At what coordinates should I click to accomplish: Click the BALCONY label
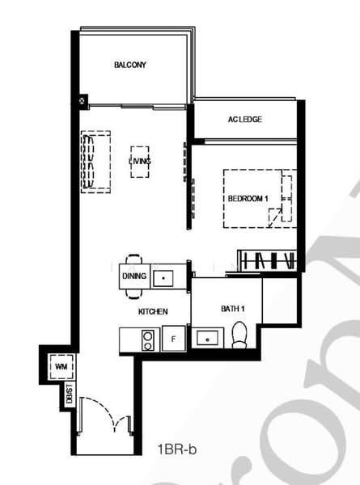[130, 65]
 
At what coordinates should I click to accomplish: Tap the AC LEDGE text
[245, 119]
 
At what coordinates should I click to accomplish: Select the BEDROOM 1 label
[248, 199]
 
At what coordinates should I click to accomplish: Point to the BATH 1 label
[233, 309]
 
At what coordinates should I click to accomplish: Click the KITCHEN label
[153, 311]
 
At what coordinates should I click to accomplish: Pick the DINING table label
[134, 276]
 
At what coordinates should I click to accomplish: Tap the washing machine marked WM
[61, 366]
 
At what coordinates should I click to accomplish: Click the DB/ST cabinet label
[70, 394]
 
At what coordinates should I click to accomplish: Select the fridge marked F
[174, 339]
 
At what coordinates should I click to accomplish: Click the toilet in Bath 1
[239, 335]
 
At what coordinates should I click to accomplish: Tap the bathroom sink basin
[207, 339]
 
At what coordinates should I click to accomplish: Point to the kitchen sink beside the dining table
[163, 278]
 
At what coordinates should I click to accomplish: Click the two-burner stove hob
[148, 340]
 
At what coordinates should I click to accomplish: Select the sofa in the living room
[95, 162]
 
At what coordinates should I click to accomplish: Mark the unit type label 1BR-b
[177, 449]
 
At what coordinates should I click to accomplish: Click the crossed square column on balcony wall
[82, 100]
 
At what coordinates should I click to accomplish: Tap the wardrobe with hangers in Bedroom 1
[267, 260]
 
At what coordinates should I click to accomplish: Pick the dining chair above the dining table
[134, 259]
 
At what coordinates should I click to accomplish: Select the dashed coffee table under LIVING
[140, 162]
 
